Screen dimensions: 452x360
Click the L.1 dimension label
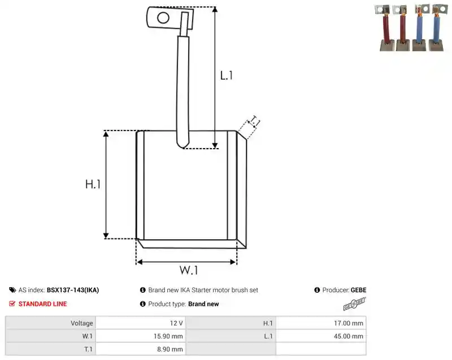[x=227, y=76]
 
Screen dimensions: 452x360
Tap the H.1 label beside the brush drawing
[x=93, y=184]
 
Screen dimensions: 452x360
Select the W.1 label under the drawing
[x=189, y=270]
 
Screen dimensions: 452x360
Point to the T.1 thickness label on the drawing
[x=254, y=121]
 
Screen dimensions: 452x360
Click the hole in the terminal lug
[x=163, y=18]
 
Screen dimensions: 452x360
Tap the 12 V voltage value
[x=176, y=323]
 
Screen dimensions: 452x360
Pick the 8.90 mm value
[x=170, y=349]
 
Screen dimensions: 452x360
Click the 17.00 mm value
[x=349, y=323]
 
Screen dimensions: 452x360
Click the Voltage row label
[x=82, y=323]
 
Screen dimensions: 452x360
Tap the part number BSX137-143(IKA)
[x=73, y=290]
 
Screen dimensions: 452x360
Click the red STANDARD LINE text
[x=43, y=304]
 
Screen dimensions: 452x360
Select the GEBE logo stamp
[x=354, y=304]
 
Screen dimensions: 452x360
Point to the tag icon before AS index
[x=12, y=290]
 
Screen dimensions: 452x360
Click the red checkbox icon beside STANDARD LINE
[x=12, y=304]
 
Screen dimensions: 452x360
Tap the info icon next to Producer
[x=317, y=290]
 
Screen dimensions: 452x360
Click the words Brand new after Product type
[x=203, y=304]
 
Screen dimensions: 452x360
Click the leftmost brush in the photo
[x=386, y=28]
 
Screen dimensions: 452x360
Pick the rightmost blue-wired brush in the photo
[x=437, y=27]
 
